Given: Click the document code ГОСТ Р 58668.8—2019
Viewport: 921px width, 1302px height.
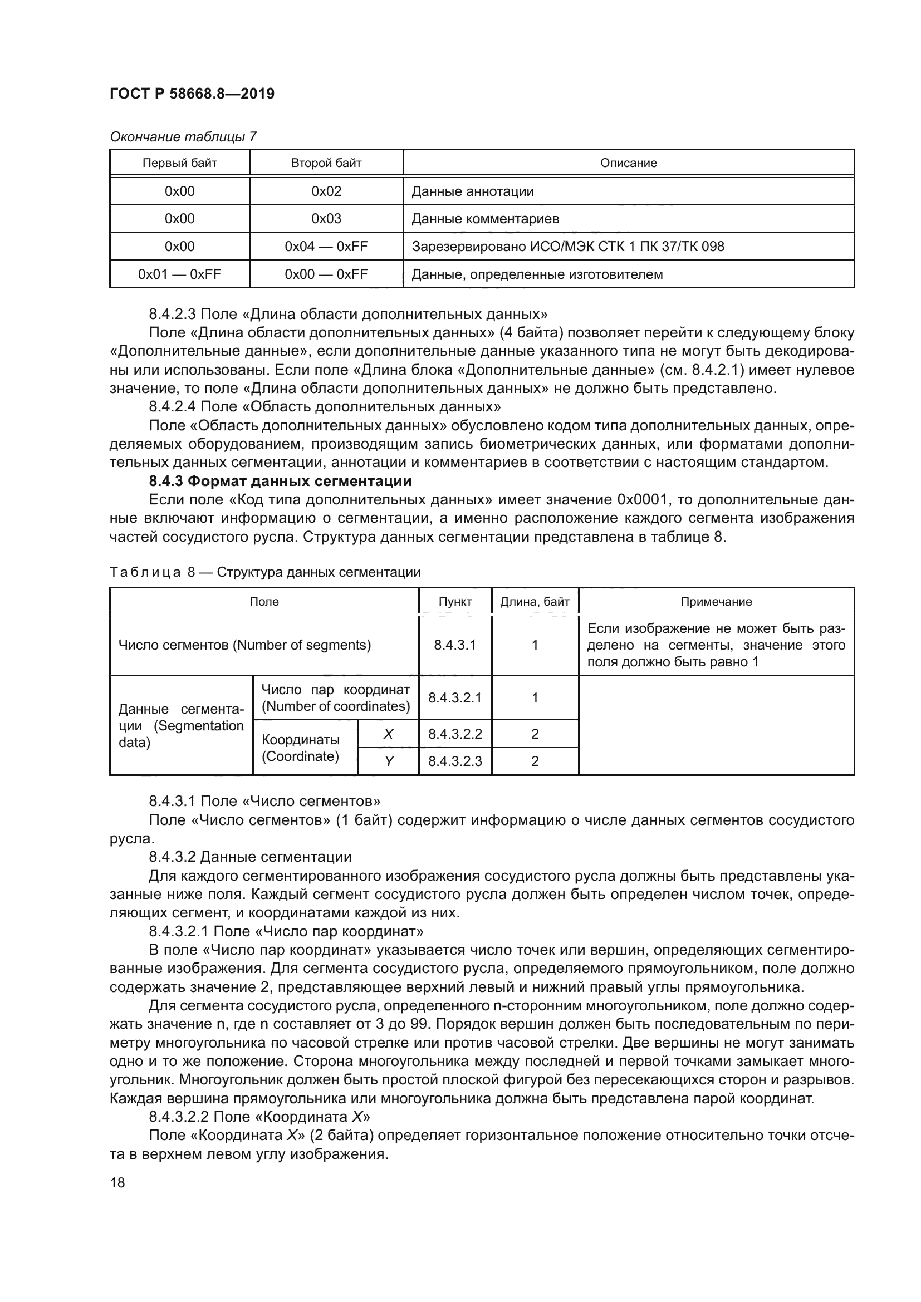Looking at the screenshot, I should tap(192, 94).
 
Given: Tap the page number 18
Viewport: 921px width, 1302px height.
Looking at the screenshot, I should tap(117, 1182).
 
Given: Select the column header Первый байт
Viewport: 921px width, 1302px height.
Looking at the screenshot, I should tap(179, 163).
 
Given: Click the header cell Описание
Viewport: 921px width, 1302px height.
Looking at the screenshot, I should tap(628, 163).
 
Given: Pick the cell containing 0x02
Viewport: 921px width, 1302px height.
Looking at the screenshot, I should tap(326, 191).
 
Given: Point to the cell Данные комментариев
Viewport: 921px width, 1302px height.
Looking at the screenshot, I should tap(485, 219).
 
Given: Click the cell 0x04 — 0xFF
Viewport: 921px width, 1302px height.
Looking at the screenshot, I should tap(326, 247).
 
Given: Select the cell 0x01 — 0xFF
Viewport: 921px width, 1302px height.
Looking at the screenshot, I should tap(179, 274).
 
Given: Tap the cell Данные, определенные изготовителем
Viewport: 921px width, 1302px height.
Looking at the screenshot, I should tap(537, 274).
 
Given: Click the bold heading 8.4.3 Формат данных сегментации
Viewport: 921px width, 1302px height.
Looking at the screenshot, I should tap(280, 481).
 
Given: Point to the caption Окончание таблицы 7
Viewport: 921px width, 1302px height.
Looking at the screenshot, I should tap(183, 137).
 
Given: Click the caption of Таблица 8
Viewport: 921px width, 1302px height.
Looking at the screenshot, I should tap(265, 572).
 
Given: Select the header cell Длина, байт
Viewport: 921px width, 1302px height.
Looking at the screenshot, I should tap(534, 602).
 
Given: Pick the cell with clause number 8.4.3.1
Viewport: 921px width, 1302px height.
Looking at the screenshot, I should tap(455, 645).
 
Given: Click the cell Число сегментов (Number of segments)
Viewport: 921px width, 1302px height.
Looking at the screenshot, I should tap(244, 645).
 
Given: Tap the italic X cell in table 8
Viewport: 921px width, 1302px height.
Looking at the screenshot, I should tap(388, 734).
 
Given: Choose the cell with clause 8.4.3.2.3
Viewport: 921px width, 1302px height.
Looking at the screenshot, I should tap(455, 761).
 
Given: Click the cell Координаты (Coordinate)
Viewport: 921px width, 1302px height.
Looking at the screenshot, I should tap(301, 748).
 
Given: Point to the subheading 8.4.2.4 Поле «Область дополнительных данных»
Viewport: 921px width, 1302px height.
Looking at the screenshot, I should tap(325, 406).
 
